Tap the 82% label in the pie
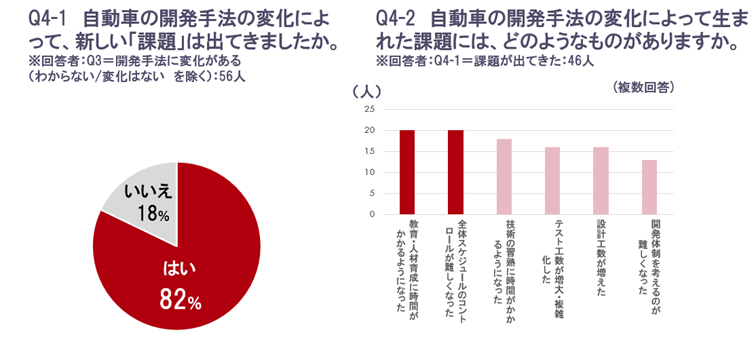tap(181, 298)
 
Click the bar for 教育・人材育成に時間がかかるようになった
tap(407, 172)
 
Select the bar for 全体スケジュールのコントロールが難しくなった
tap(455, 172)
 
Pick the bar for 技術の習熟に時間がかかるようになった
tap(504, 176)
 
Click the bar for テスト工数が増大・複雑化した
tap(552, 180)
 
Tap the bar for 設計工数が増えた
tap(601, 180)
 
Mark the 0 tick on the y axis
tap(372, 214)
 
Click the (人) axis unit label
tap(364, 90)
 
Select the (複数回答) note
tap(643, 88)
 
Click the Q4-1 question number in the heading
tap(39, 17)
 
